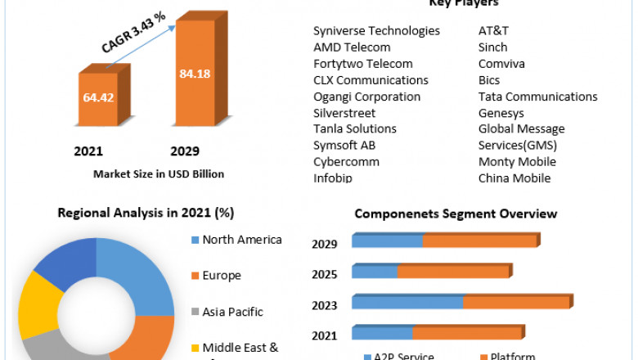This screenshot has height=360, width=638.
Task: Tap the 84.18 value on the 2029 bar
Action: coord(194,74)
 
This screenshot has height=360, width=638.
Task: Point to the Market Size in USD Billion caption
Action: coord(159,174)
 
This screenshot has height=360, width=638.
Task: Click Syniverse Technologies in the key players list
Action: coord(376,31)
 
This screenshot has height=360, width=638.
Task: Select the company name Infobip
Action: coord(335,178)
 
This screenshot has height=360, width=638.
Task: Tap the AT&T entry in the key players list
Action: coord(493,31)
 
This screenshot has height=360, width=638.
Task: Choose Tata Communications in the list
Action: coord(537,97)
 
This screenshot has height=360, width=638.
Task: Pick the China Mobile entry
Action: coord(514,178)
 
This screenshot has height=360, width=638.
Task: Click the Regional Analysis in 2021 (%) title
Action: coord(146,214)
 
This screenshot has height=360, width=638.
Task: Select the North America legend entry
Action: coord(241,240)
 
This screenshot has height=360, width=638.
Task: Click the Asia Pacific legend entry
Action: coord(232,312)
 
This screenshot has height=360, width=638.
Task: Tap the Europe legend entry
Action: coord(221,276)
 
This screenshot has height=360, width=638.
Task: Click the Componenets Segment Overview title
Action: coord(456,214)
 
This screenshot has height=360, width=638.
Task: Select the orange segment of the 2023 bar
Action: coord(515,302)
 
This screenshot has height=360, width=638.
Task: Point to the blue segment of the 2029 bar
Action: coord(387,241)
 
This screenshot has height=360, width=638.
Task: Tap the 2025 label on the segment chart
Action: coord(326,274)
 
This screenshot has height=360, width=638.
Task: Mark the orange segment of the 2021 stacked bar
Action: coord(466,332)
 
